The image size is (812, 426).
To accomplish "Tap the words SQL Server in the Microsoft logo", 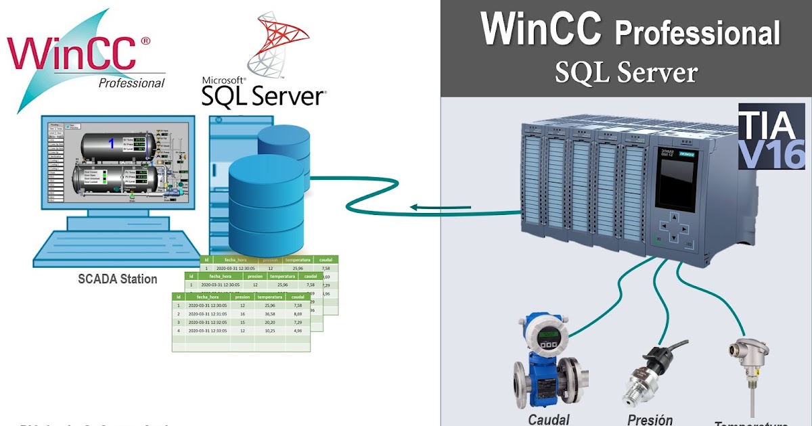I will (263, 96).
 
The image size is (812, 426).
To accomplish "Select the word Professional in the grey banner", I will (696, 32).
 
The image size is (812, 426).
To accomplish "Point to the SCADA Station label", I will (117, 279).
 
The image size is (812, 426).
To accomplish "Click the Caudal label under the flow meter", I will (549, 419).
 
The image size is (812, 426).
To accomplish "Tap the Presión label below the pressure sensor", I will (650, 419).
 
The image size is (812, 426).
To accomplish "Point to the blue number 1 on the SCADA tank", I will (112, 143).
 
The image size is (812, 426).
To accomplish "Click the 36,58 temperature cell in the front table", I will (270, 314).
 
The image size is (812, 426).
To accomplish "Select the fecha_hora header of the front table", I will (207, 297).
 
